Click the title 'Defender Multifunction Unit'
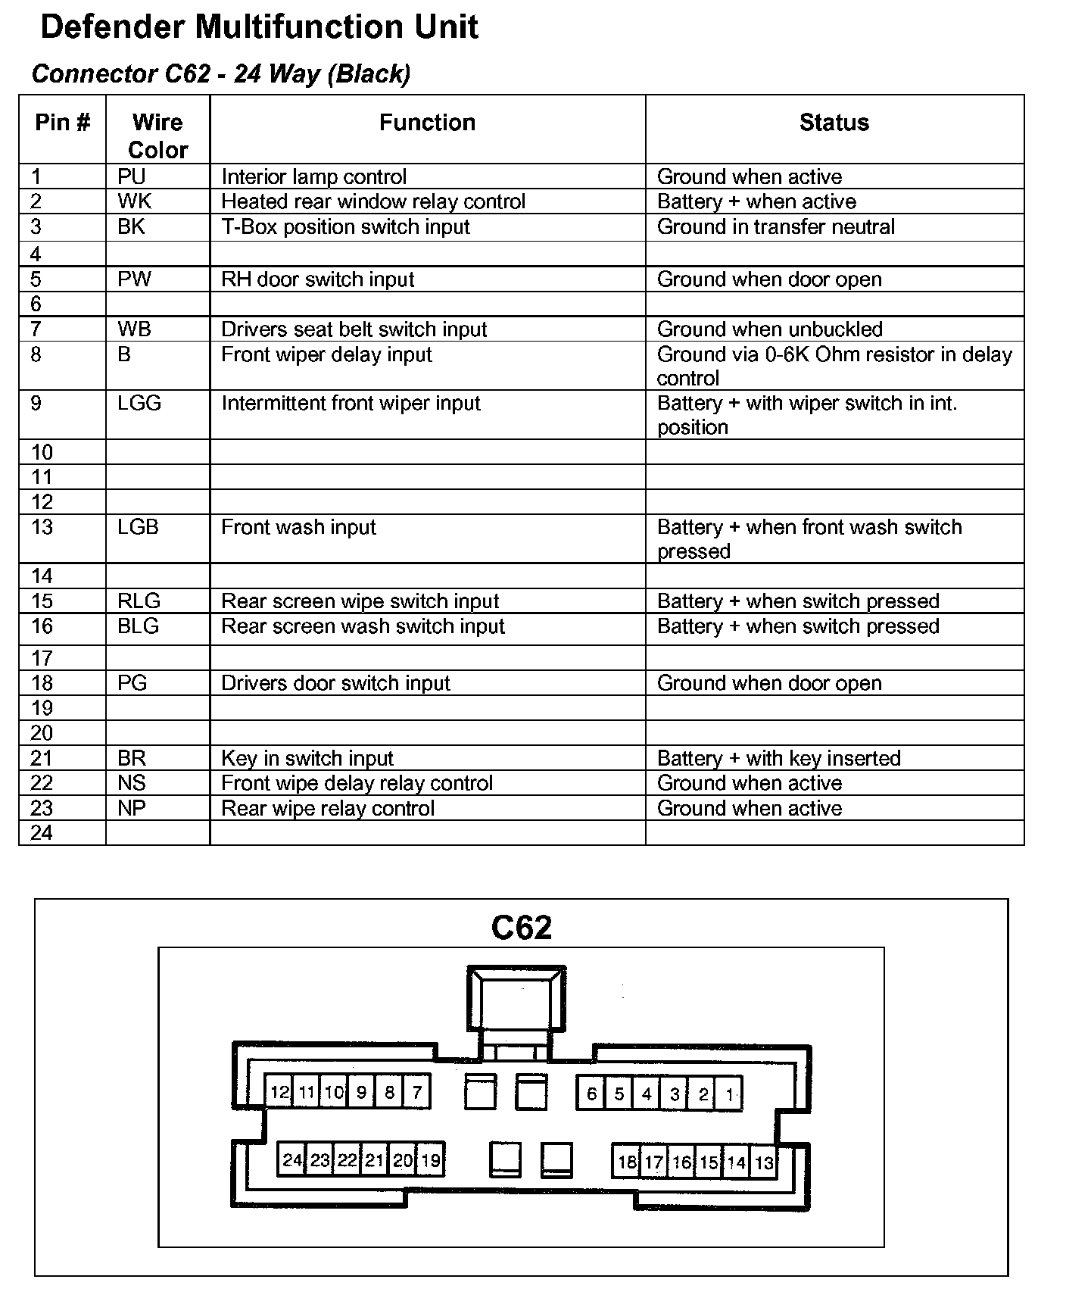[259, 27]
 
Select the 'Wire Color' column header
[157, 136]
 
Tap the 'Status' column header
[834, 123]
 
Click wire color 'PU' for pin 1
[131, 176]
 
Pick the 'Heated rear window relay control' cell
[372, 201]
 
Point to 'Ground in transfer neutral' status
[775, 226]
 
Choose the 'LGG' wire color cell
[139, 403]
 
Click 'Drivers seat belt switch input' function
[354, 329]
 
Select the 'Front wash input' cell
[298, 527]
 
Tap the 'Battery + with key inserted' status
[778, 758]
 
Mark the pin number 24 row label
[42, 833]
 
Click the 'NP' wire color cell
[132, 808]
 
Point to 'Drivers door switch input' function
[335, 683]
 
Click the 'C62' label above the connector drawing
[521, 928]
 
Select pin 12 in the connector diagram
[279, 1092]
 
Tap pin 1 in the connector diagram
[729, 1094]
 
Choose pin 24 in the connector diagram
[292, 1159]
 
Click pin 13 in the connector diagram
[764, 1162]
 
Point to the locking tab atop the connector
[516, 998]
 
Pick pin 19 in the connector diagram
[430, 1159]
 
